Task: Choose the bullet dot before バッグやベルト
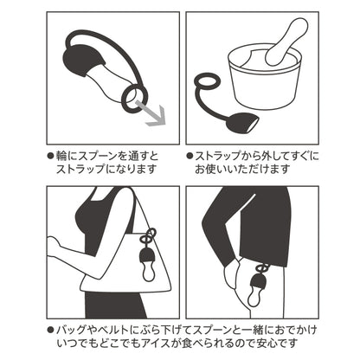coord(51,331)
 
